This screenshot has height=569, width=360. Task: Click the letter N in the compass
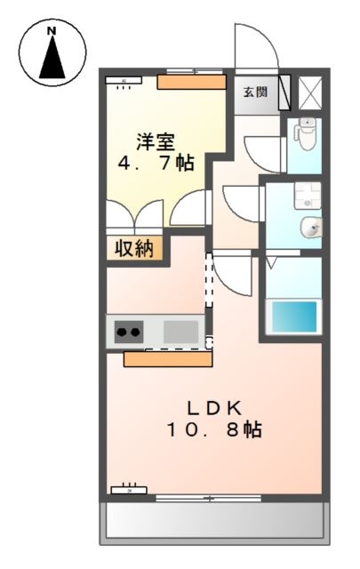click(x=51, y=31)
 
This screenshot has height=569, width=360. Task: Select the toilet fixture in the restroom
click(x=306, y=134)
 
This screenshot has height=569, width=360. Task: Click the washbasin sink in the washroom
click(x=312, y=228)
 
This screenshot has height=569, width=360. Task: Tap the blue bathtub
click(x=292, y=316)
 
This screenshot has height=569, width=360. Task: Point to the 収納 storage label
click(x=136, y=248)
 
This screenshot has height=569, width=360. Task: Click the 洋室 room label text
click(x=155, y=140)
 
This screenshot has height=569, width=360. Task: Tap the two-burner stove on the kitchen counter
click(x=128, y=333)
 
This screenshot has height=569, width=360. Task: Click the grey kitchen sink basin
click(x=180, y=332)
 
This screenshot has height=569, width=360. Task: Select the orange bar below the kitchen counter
click(x=168, y=359)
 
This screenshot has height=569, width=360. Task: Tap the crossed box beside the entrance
click(x=311, y=92)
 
